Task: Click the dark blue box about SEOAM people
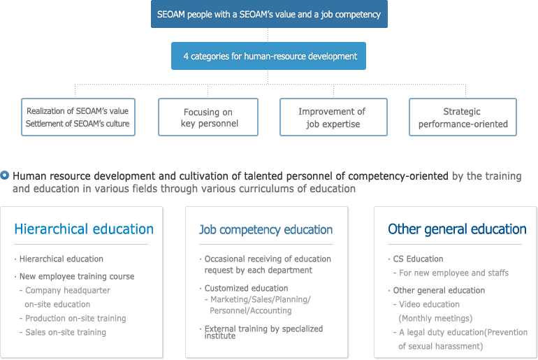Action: pyautogui.click(x=269, y=14)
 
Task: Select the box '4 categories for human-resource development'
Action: pyautogui.click(x=269, y=56)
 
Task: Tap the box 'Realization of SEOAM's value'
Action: pyautogui.click(x=78, y=117)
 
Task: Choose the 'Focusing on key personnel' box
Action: pyautogui.click(x=208, y=117)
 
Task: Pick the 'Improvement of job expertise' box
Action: pyautogui.click(x=333, y=117)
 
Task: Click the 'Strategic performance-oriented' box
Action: pyautogui.click(x=463, y=117)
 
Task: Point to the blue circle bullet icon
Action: pyautogui.click(x=4, y=175)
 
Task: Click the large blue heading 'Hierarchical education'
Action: pyautogui.click(x=84, y=229)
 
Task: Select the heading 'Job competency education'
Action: pyautogui.click(x=266, y=229)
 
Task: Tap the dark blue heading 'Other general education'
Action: pyautogui.click(x=457, y=229)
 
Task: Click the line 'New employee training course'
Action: pyautogui.click(x=77, y=276)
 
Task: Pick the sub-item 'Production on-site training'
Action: pyautogui.click(x=75, y=318)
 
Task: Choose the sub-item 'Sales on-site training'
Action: pyautogui.click(x=66, y=332)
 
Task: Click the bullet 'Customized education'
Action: pyautogui.click(x=247, y=288)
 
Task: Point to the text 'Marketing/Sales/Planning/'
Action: pyautogui.click(x=261, y=299)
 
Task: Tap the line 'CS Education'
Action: pyautogui.click(x=419, y=259)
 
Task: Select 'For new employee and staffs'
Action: pyautogui.click(x=453, y=273)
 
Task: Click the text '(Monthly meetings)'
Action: pyautogui.click(x=435, y=319)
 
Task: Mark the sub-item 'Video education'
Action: pyautogui.click(x=429, y=304)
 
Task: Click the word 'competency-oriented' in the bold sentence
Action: pyautogui.click(x=398, y=176)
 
